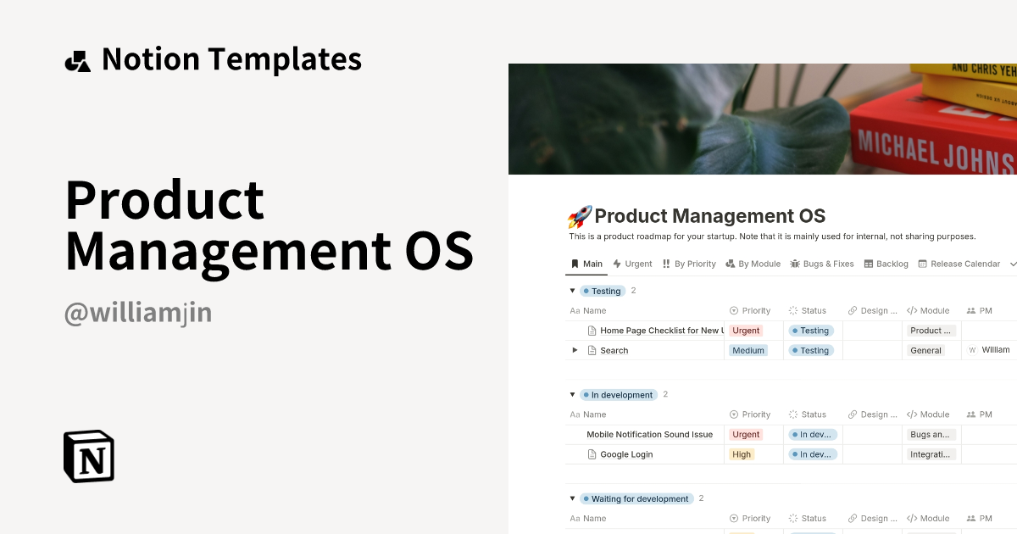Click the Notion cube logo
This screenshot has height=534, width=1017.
[x=89, y=456]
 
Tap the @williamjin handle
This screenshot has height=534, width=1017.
[x=137, y=314]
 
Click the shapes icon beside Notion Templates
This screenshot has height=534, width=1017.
[x=77, y=61]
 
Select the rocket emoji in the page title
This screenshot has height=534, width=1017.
[x=579, y=217]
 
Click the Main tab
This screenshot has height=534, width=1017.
[x=586, y=264]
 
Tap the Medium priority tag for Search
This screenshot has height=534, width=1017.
[x=748, y=350]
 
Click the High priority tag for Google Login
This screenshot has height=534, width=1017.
[x=742, y=454]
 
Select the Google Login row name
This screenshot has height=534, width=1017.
[x=626, y=454]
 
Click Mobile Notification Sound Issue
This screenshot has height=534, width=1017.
[x=649, y=434]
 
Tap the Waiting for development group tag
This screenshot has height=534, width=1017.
[x=639, y=498]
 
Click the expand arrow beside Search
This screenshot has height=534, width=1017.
[x=575, y=350]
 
